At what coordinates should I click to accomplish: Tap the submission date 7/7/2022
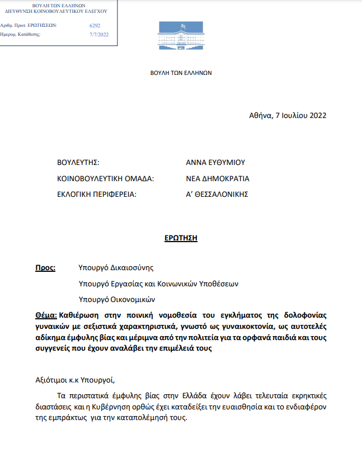click(99, 35)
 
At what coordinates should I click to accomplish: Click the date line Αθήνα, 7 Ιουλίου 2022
click(287, 116)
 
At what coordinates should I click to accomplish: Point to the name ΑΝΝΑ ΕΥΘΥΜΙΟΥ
click(215, 163)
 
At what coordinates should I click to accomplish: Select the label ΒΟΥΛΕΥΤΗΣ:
click(78, 163)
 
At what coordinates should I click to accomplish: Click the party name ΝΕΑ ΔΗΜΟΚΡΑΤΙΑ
click(218, 179)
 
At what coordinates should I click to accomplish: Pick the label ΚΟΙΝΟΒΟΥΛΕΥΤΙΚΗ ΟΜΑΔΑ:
click(105, 179)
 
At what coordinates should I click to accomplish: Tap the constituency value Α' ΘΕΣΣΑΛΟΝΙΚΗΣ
click(217, 195)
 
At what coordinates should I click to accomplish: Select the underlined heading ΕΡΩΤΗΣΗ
click(181, 238)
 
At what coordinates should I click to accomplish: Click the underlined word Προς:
click(45, 268)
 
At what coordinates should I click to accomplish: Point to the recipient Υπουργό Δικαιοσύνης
click(116, 268)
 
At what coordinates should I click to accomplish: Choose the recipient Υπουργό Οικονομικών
click(117, 299)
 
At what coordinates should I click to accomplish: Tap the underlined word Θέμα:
click(46, 315)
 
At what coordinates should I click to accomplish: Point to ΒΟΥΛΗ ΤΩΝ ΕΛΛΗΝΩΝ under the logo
click(181, 73)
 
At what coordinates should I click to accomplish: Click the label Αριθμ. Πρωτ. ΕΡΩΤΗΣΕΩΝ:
click(28, 26)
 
